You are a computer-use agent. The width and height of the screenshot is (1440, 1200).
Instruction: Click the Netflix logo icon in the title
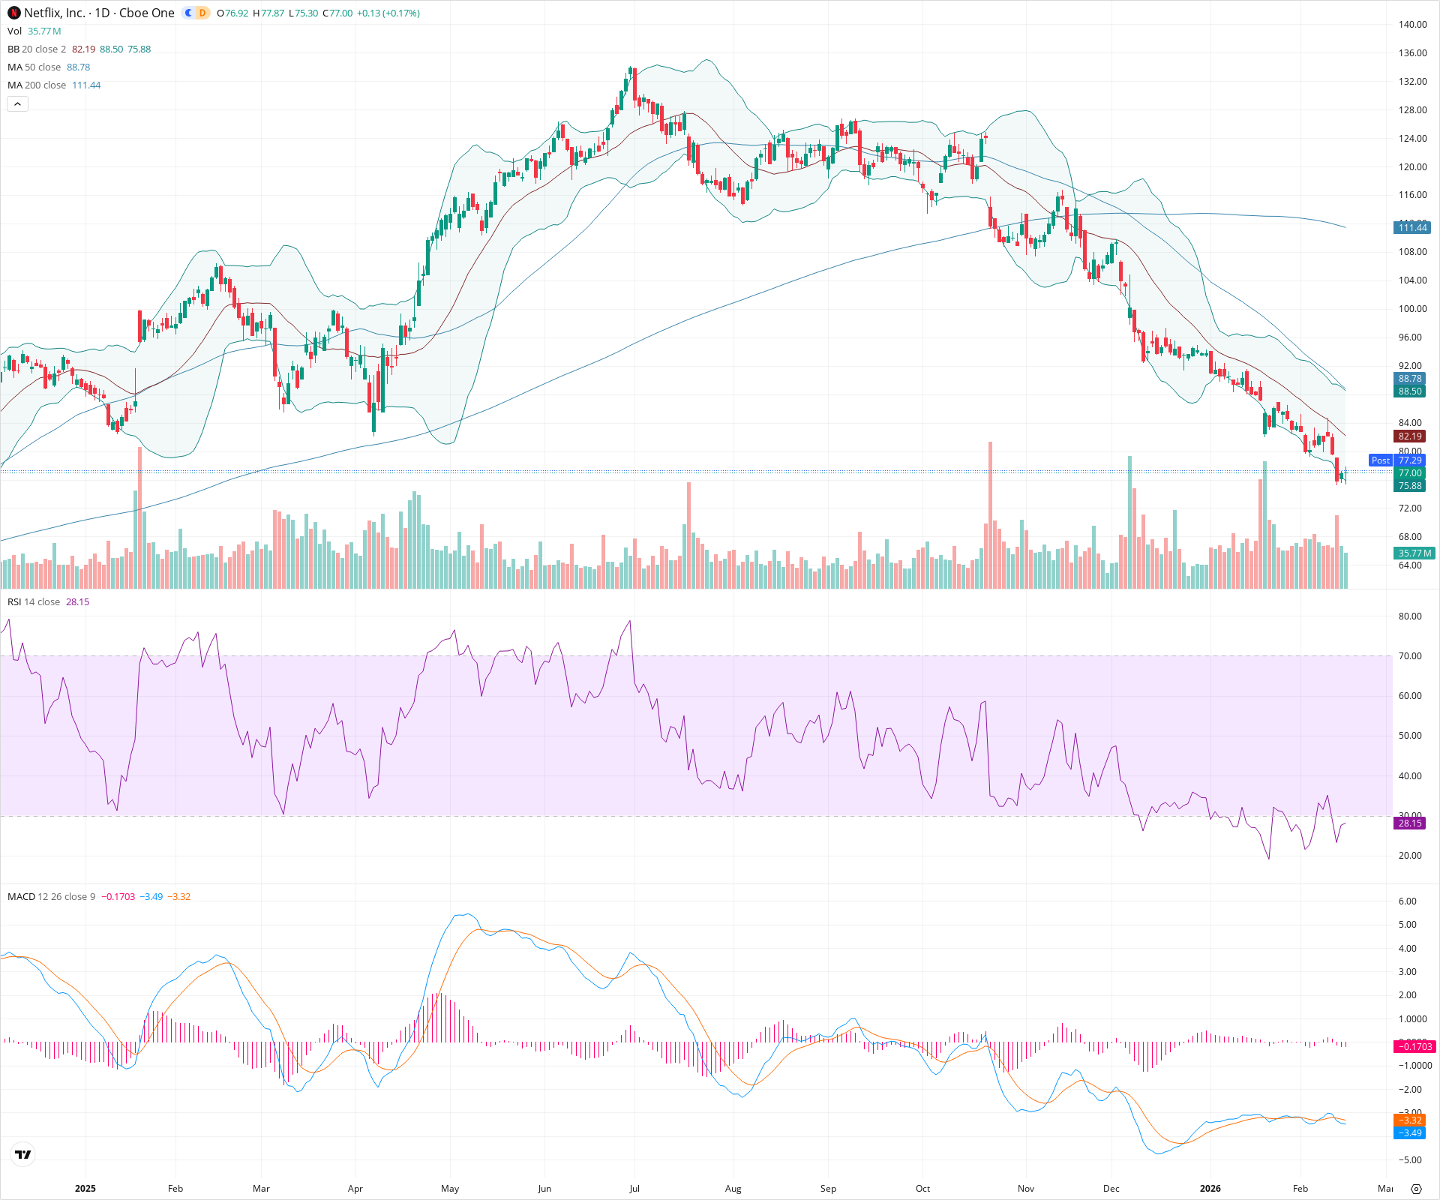pyautogui.click(x=13, y=13)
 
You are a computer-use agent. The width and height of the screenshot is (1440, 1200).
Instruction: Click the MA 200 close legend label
pyautogui.click(x=37, y=85)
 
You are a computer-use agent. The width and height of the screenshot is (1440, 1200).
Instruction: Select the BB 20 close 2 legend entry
pyautogui.click(x=37, y=49)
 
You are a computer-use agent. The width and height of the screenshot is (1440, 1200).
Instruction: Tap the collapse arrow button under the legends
pyautogui.click(x=17, y=104)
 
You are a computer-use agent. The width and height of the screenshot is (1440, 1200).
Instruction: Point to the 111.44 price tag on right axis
pyautogui.click(x=1412, y=228)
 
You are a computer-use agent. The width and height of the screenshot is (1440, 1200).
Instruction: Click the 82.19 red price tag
pyautogui.click(x=1410, y=436)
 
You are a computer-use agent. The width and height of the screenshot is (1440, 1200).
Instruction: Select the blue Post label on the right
pyautogui.click(x=1380, y=460)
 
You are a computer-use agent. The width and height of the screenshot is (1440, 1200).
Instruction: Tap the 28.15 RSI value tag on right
pyautogui.click(x=1410, y=823)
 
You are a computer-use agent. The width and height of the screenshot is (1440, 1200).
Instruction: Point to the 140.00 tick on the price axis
pyautogui.click(x=1412, y=25)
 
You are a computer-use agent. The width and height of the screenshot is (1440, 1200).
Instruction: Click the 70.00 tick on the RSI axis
pyautogui.click(x=1410, y=656)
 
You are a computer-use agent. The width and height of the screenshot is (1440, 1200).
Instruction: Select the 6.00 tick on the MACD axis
pyautogui.click(x=1408, y=901)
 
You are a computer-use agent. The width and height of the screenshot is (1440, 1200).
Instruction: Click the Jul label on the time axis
pyautogui.click(x=634, y=1189)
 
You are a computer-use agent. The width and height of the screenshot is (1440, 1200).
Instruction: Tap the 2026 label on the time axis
pyautogui.click(x=1210, y=1189)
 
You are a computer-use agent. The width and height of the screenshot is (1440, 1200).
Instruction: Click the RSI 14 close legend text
pyautogui.click(x=34, y=602)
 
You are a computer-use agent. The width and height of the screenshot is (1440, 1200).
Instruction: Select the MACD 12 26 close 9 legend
pyautogui.click(x=51, y=897)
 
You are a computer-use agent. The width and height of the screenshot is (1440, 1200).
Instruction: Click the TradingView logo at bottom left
pyautogui.click(x=23, y=1155)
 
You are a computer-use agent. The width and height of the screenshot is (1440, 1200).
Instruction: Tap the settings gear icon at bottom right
pyautogui.click(x=1416, y=1189)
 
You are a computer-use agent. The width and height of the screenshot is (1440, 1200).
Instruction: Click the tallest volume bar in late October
pyautogui.click(x=990, y=517)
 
